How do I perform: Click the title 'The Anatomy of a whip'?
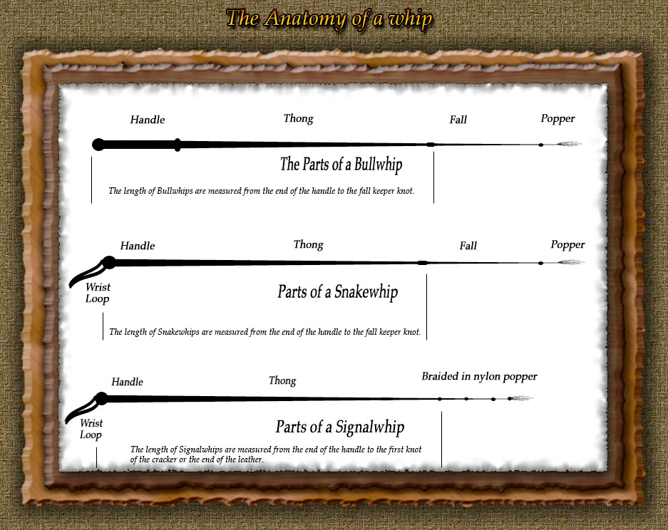point(329,19)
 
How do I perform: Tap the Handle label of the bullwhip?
point(148,120)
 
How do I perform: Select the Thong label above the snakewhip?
point(309,245)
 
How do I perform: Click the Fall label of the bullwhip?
point(458,120)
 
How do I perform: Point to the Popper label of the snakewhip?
point(567,245)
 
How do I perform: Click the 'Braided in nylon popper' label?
point(479,377)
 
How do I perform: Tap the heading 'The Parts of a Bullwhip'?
point(341,165)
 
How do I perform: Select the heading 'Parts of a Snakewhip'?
point(338,292)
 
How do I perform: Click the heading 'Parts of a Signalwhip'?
point(340,427)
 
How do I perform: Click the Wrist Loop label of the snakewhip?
point(98,293)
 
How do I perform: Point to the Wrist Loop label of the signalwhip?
point(91,429)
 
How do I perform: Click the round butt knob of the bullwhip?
point(98,145)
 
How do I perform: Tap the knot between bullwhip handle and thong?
point(178,145)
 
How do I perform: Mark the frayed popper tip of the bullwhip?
point(569,144)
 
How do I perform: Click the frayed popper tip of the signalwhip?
point(521,398)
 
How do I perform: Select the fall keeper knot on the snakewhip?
point(422,263)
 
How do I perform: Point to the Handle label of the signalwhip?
point(128,382)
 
